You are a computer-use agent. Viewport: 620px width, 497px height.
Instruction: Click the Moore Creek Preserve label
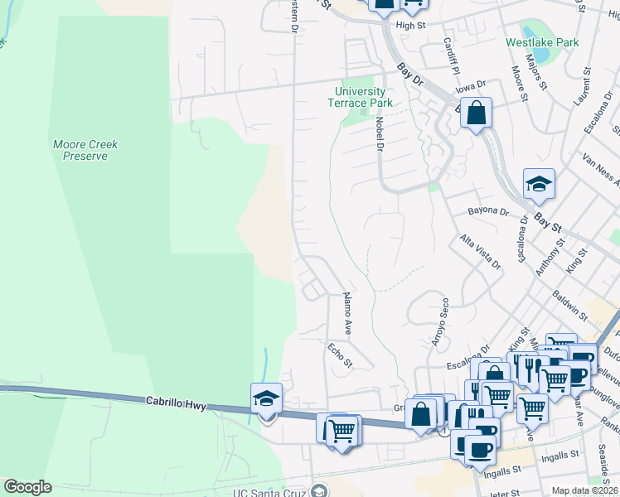(85, 150)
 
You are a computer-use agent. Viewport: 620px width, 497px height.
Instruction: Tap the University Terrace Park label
(360, 97)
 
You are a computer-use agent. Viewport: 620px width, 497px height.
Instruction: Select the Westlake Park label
(543, 42)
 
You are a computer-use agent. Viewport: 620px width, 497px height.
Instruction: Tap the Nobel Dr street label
(380, 133)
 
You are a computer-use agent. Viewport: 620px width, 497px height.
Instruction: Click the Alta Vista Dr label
(482, 251)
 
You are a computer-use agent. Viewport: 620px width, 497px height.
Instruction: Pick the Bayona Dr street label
(488, 211)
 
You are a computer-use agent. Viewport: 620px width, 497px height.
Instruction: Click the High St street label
(410, 26)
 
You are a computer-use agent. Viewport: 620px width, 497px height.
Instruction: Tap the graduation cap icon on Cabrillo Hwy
(267, 398)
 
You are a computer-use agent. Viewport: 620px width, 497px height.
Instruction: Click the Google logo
(27, 487)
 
